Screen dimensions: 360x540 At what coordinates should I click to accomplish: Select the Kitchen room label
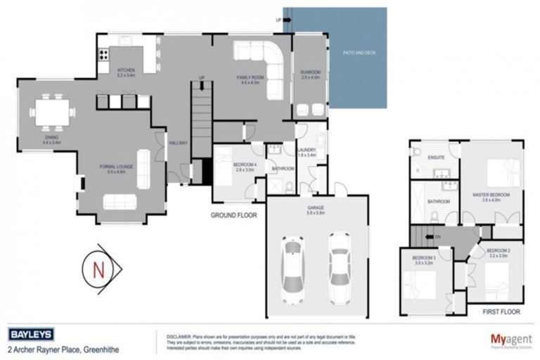[x=127, y=71]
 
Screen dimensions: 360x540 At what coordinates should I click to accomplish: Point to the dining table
[x=52, y=111]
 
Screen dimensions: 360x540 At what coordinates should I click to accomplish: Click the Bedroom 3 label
[x=423, y=260]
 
